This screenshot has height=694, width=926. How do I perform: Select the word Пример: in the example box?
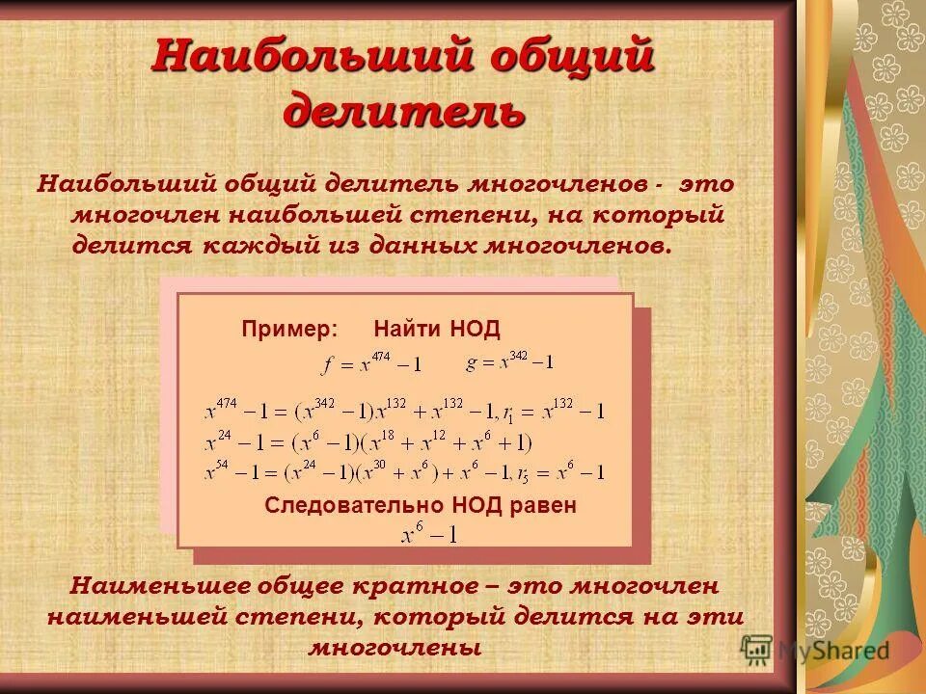[x=289, y=329]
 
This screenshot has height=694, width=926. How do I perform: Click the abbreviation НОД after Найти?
[x=475, y=329]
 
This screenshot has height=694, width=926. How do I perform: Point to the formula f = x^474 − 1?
[x=370, y=364]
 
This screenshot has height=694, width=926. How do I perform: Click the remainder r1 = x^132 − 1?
[x=558, y=412]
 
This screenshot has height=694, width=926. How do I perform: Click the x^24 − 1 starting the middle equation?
[x=235, y=443]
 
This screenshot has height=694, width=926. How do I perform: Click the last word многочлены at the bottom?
[x=395, y=647]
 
